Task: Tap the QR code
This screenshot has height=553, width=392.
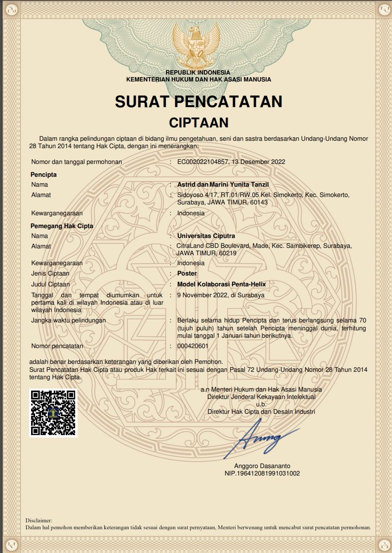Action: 54,413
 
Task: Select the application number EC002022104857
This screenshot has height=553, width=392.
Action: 202,162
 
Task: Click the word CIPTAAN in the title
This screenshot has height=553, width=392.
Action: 198,122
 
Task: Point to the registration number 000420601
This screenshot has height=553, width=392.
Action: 193,346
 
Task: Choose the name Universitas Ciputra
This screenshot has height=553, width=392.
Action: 206,236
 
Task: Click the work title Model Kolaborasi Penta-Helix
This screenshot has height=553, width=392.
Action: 222,284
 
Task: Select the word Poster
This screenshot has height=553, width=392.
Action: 187,274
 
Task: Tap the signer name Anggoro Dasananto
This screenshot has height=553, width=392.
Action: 262,466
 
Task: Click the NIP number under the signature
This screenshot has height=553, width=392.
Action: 262,474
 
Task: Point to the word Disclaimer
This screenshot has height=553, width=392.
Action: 39,520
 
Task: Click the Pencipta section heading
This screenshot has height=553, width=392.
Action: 43,175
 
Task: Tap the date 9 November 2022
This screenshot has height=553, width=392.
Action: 202,295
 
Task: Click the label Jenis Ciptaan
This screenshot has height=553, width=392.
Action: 50,274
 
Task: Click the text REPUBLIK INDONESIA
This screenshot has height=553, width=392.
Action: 198,73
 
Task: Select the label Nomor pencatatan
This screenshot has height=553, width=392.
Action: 57,346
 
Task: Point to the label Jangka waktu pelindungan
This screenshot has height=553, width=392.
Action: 69,320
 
